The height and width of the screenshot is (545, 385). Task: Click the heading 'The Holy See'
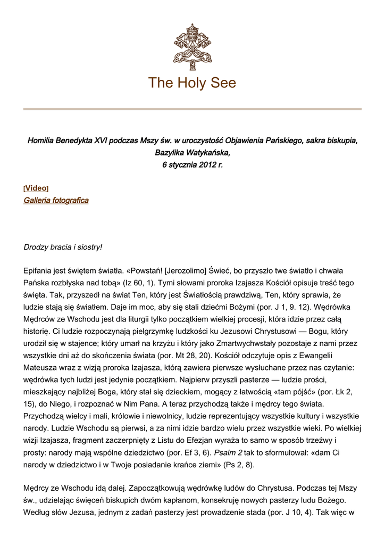(192, 83)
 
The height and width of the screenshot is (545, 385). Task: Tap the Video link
(36, 188)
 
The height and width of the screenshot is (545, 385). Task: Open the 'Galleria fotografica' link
(56, 201)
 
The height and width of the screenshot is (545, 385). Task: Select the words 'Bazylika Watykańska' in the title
(192, 153)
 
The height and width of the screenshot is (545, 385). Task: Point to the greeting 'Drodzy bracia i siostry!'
(63, 247)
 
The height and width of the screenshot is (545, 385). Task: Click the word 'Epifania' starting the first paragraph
(40, 271)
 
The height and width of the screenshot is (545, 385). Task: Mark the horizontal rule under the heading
(192, 109)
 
